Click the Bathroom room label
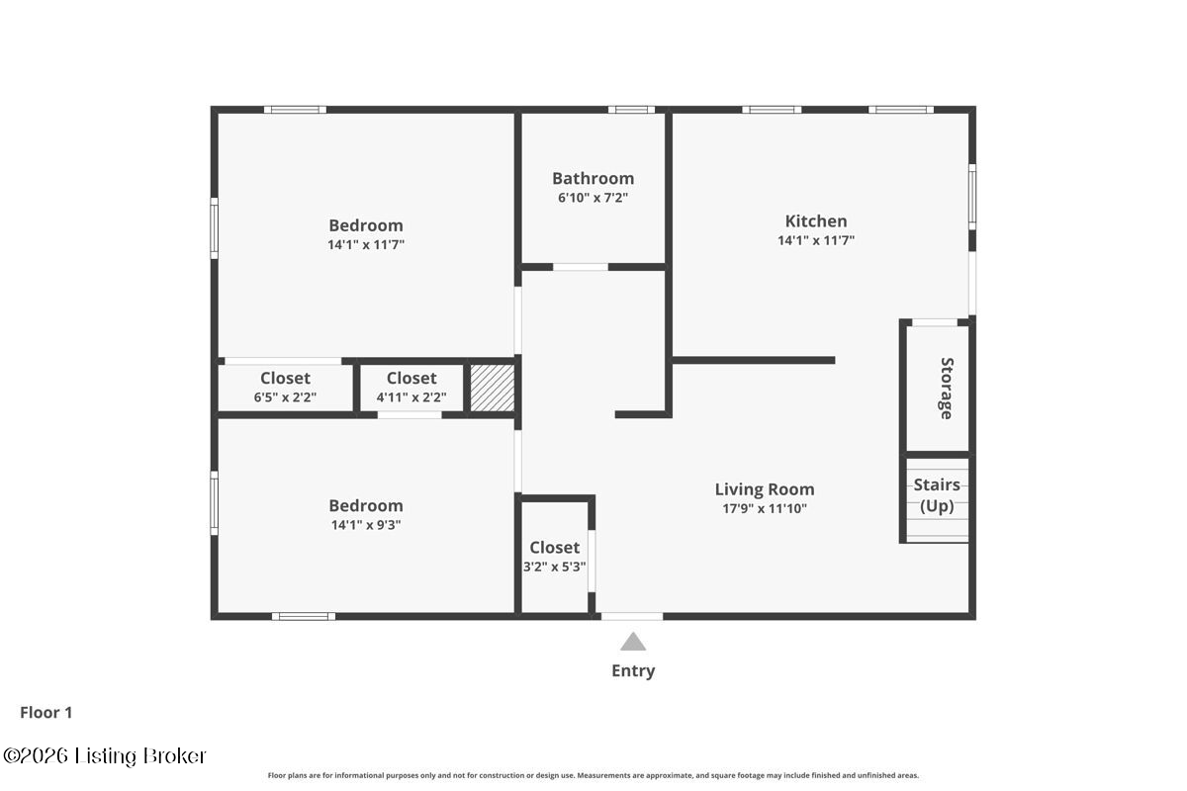(593, 179)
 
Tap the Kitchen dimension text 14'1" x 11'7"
(816, 240)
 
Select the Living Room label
(765, 489)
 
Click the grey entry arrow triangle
(633, 641)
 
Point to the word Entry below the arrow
(633, 670)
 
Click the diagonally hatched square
(493, 388)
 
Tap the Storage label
(947, 389)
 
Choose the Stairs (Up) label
(937, 495)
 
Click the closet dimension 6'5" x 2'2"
(285, 397)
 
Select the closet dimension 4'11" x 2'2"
(411, 397)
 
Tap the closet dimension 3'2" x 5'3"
(555, 567)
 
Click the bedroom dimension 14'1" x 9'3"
(366, 525)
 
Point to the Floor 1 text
(46, 713)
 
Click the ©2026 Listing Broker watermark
(105, 756)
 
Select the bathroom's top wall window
(631, 110)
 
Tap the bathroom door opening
(581, 267)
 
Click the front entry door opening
(632, 616)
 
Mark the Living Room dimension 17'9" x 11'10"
(765, 509)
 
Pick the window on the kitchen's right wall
(972, 197)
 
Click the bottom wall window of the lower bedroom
(304, 616)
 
